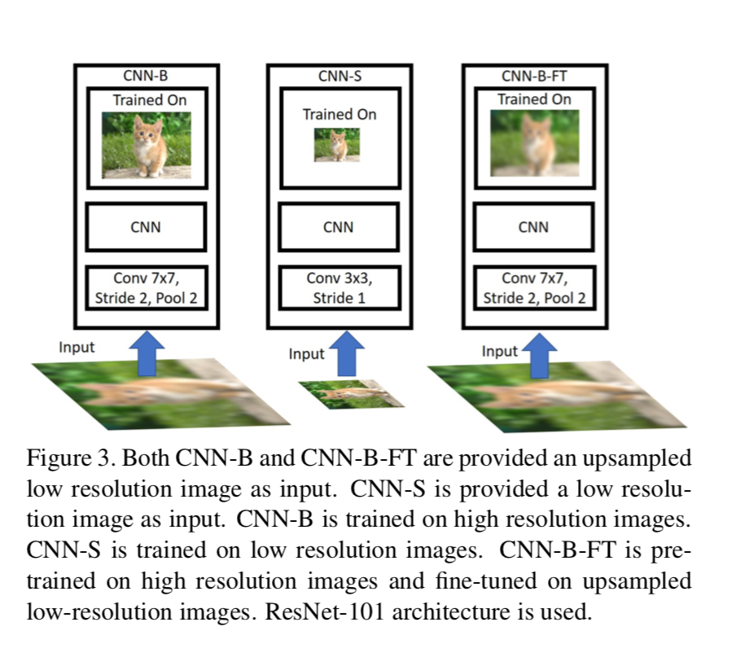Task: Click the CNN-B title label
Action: point(147,77)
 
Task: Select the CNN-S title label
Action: point(340,77)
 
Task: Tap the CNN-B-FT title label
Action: point(535,77)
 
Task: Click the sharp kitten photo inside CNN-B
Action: point(147,145)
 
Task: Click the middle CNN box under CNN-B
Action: point(147,227)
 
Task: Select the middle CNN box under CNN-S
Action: point(339,227)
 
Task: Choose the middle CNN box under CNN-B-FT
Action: point(534,227)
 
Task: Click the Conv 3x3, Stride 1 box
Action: point(339,287)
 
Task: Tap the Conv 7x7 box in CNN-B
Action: point(147,287)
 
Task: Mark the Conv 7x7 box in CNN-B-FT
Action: point(534,287)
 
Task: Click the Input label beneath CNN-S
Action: point(306,354)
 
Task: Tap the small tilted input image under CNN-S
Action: point(350,394)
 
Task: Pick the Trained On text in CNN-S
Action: point(340,114)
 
